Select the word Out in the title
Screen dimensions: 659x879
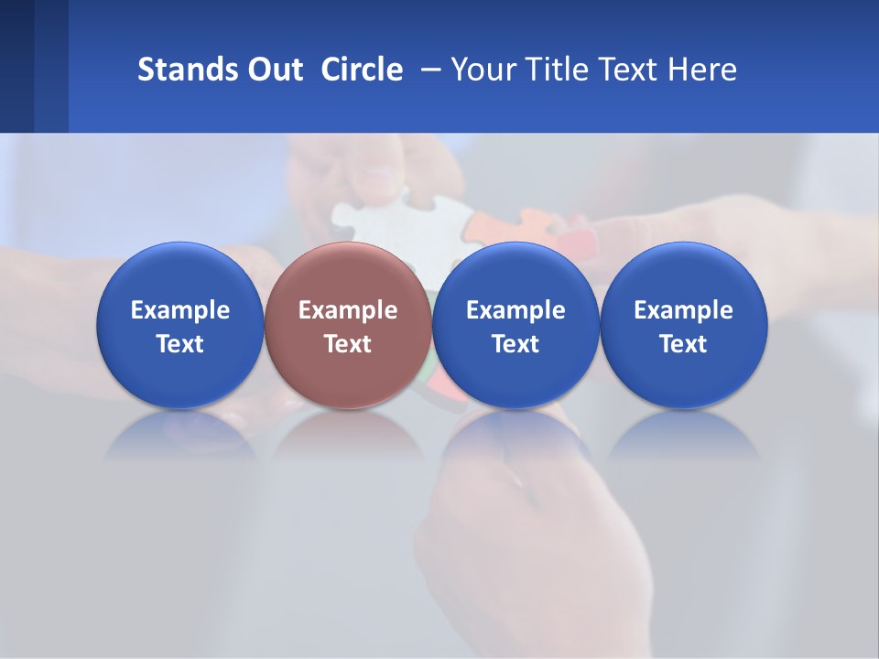click(x=273, y=70)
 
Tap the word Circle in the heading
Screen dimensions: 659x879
click(x=362, y=70)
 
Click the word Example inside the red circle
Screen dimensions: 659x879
click(x=348, y=311)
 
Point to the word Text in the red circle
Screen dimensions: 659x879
click(x=348, y=344)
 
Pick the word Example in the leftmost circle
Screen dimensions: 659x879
click(x=179, y=311)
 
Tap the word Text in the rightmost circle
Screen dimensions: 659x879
click(x=683, y=344)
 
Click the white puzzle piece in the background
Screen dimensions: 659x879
click(x=385, y=220)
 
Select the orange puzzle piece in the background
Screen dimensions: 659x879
click(x=540, y=229)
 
